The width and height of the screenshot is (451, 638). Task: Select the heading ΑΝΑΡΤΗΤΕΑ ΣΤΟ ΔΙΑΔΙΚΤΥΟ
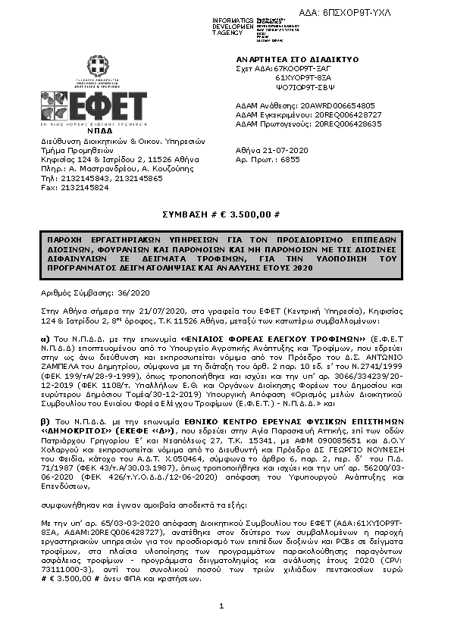click(287, 59)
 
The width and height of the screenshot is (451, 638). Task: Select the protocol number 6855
click(290, 160)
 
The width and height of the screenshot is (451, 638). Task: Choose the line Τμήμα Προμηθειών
click(75, 150)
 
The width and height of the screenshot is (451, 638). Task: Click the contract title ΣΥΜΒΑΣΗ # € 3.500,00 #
click(224, 216)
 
